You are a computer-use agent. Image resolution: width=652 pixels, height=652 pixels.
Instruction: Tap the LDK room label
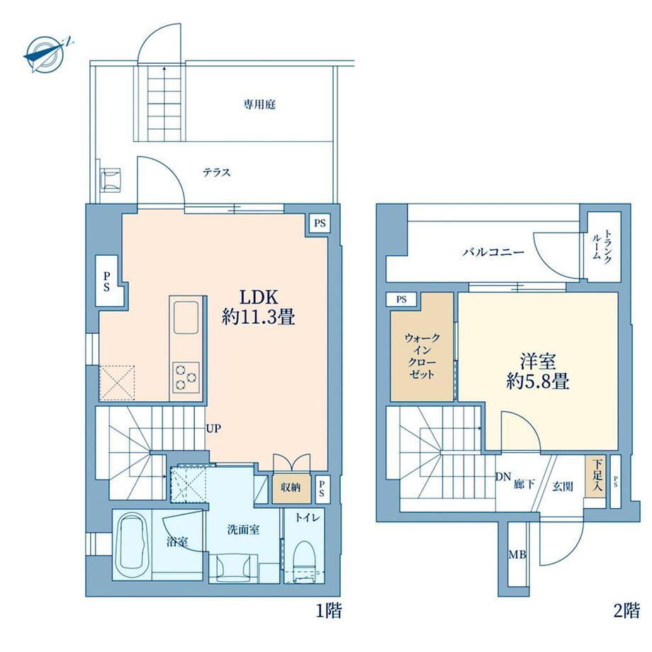pos(258,298)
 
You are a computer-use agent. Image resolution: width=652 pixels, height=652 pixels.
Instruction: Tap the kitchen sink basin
pos(186,317)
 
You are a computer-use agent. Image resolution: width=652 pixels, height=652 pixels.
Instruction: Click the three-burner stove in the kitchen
pos(186,377)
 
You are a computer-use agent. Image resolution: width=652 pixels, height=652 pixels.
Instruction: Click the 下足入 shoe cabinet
pos(595,476)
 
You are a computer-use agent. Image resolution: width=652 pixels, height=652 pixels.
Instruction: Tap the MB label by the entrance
pos(517,555)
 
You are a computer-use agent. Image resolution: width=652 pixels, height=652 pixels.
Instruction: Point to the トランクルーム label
pos(602,244)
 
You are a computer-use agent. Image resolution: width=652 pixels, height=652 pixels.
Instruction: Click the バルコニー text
pos(494,252)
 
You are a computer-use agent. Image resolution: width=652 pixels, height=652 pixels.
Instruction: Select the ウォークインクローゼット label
pos(422,356)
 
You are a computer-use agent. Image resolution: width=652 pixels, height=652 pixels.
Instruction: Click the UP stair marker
pos(213,428)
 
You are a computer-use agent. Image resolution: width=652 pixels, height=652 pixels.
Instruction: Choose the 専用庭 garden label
pos(259,104)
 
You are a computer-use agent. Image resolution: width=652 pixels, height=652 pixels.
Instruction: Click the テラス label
pos(217,172)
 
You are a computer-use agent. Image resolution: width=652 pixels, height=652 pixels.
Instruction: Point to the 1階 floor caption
pos(329,610)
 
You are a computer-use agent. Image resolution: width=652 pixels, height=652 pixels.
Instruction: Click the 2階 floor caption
pos(626,610)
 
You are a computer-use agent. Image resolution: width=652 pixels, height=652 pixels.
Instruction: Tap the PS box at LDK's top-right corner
pos(320,223)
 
